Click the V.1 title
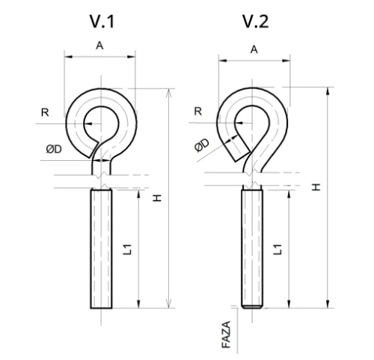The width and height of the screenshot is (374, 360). [102, 22]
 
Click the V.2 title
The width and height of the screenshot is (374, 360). [256, 22]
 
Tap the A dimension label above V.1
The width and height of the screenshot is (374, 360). [99, 46]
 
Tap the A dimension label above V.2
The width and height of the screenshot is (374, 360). [254, 49]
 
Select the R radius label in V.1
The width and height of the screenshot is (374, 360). [45, 112]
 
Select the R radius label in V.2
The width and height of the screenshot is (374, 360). [198, 112]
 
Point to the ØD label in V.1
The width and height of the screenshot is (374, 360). [54, 149]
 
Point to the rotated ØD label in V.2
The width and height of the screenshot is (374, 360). [202, 144]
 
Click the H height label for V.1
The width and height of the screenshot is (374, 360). [157, 198]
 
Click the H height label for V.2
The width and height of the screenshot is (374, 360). [316, 187]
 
